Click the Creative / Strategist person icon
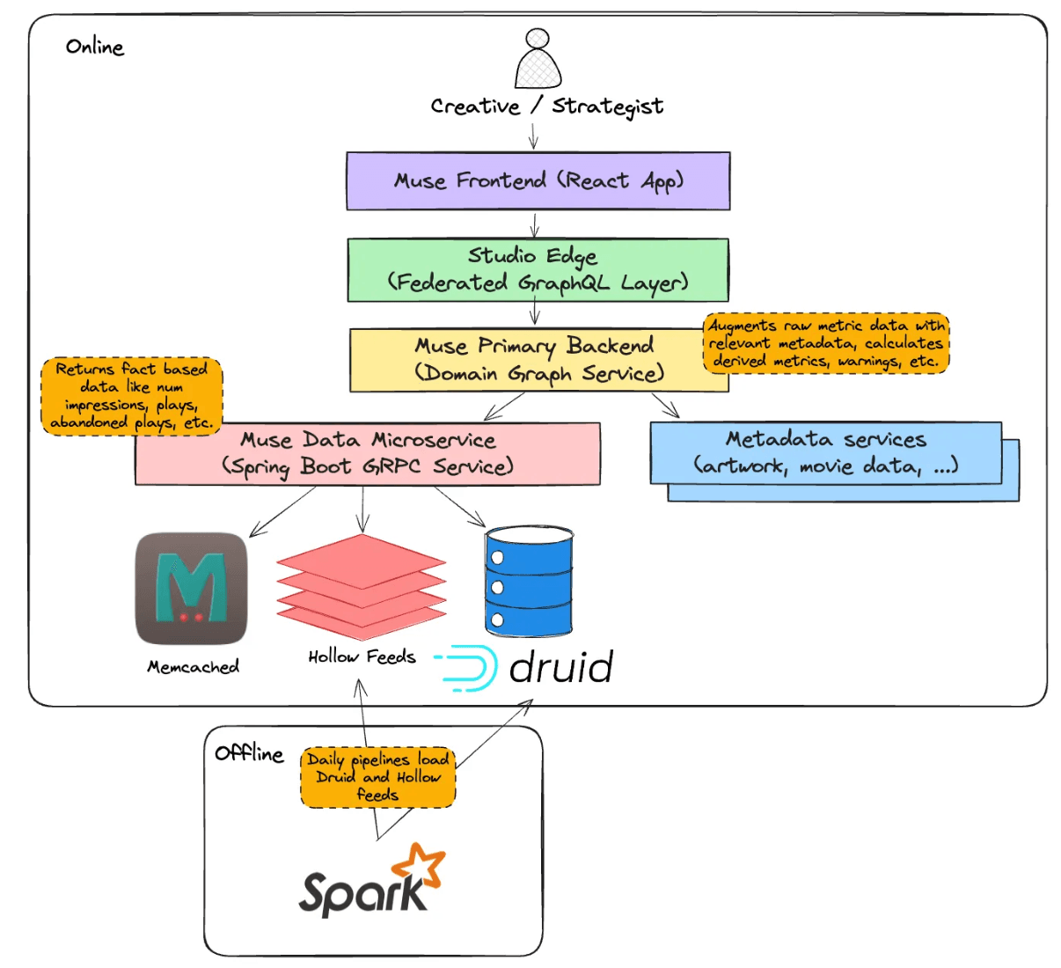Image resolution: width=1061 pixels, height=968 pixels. pyautogui.click(x=538, y=59)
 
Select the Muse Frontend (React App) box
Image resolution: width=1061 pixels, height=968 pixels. pyautogui.click(x=538, y=181)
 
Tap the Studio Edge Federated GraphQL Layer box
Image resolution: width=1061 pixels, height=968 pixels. pyautogui.click(x=538, y=269)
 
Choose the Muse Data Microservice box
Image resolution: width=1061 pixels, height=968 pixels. pyautogui.click(x=368, y=454)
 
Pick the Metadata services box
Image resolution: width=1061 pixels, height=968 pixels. pyautogui.click(x=825, y=453)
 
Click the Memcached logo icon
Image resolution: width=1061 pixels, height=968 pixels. pyautogui.click(x=191, y=589)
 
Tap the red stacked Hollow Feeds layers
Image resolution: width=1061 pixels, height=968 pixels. pyautogui.click(x=362, y=586)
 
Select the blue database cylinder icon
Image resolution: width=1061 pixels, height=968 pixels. pyautogui.click(x=529, y=581)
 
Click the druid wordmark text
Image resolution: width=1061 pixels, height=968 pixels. pyautogui.click(x=560, y=668)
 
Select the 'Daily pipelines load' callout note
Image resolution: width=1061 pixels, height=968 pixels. pyautogui.click(x=378, y=777)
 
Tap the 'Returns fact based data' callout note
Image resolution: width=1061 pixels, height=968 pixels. pyautogui.click(x=131, y=396)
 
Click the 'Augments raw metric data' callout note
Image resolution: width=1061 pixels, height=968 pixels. pyautogui.click(x=825, y=343)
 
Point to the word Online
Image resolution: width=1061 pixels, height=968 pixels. pyautogui.click(x=95, y=48)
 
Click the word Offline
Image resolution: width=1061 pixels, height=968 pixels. pyautogui.click(x=249, y=754)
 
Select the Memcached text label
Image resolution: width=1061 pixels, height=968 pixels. pyautogui.click(x=193, y=667)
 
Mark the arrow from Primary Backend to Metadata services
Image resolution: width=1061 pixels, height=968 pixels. pyautogui.click(x=665, y=405)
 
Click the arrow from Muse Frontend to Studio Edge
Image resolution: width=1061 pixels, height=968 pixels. pyautogui.click(x=534, y=224)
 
